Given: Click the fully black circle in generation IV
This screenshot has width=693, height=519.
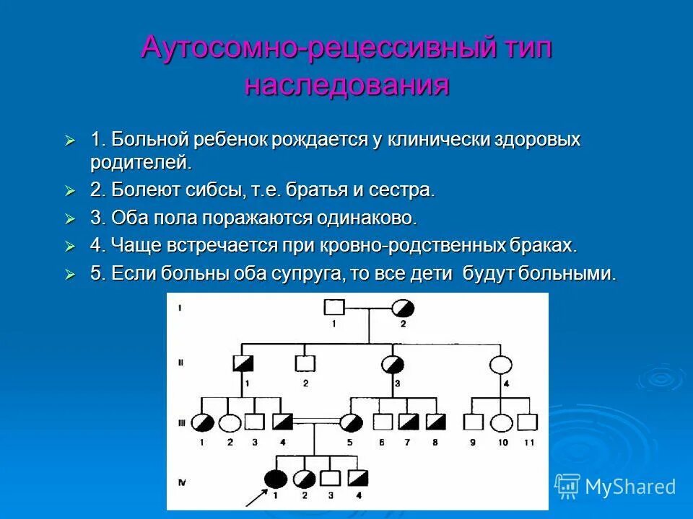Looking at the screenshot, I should pos(274,477).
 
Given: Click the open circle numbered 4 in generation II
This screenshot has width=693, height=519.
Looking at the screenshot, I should pos(500,365).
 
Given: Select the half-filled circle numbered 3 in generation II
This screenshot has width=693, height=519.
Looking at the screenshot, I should pos(393,365).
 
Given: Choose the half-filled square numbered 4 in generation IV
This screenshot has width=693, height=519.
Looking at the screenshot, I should pos(357,477).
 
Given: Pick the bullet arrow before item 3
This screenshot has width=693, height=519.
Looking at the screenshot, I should pos(70,218).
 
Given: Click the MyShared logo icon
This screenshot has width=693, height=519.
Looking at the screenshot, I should pos(567,487).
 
